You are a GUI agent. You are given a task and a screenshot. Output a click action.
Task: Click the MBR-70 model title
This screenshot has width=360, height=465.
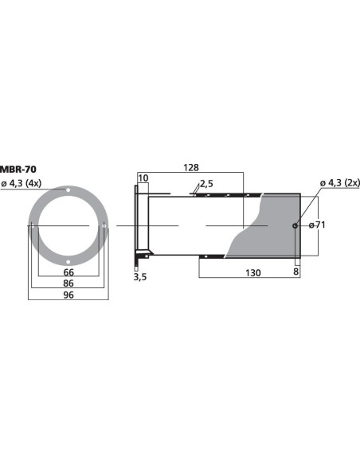pyautogui.click(x=18, y=170)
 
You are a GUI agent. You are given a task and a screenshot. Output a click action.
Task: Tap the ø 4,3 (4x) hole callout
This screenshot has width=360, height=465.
pyautogui.click(x=21, y=184)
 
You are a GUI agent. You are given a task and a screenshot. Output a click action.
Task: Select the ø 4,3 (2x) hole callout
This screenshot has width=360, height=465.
pyautogui.click(x=340, y=182)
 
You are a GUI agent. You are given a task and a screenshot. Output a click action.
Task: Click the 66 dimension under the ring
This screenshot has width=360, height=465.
pyautogui.click(x=68, y=272)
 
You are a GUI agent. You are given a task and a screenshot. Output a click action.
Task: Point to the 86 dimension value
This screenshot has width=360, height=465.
pyautogui.click(x=68, y=283)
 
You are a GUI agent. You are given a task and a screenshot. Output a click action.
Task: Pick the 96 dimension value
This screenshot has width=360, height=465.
pyautogui.click(x=68, y=295)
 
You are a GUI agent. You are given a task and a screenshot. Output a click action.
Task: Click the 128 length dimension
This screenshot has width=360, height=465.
pyautogui.click(x=191, y=168)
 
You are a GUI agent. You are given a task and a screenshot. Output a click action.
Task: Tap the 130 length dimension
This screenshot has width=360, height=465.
pyautogui.click(x=253, y=273)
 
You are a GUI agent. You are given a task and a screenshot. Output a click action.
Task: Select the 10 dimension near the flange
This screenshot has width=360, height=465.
pyautogui.click(x=143, y=178)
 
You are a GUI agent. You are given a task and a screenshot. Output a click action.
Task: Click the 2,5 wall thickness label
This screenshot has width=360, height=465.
pyautogui.click(x=206, y=184)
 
